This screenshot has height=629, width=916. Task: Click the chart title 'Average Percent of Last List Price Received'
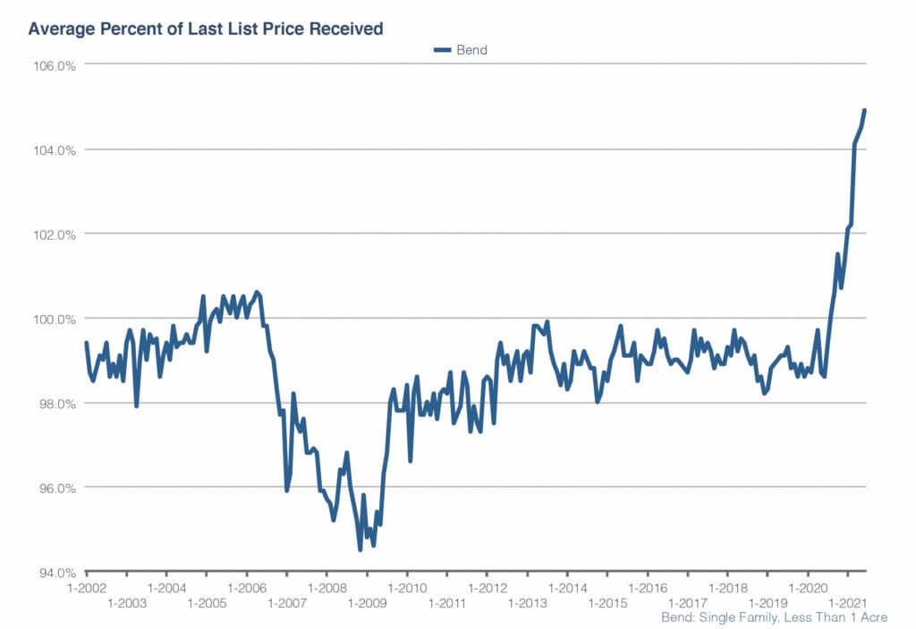[x=206, y=29]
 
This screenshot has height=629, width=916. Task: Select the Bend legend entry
[x=462, y=50]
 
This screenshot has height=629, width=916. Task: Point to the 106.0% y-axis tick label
[x=55, y=65]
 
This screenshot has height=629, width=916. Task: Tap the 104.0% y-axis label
[x=55, y=149]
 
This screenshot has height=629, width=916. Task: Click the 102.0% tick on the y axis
[x=55, y=234]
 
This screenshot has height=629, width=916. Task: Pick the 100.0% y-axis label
[x=55, y=319]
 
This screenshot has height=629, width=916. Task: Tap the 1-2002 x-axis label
[x=87, y=588]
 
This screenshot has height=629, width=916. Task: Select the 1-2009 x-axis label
[x=367, y=604]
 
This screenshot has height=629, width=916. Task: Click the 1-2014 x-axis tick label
[x=567, y=588]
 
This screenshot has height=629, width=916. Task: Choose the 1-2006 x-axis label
[x=247, y=588]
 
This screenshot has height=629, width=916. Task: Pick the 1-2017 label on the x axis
[x=688, y=604]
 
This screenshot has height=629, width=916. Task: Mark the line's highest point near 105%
[x=865, y=110]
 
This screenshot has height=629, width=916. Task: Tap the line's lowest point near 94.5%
[x=360, y=549]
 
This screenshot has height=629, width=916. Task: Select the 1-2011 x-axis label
[x=447, y=604]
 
